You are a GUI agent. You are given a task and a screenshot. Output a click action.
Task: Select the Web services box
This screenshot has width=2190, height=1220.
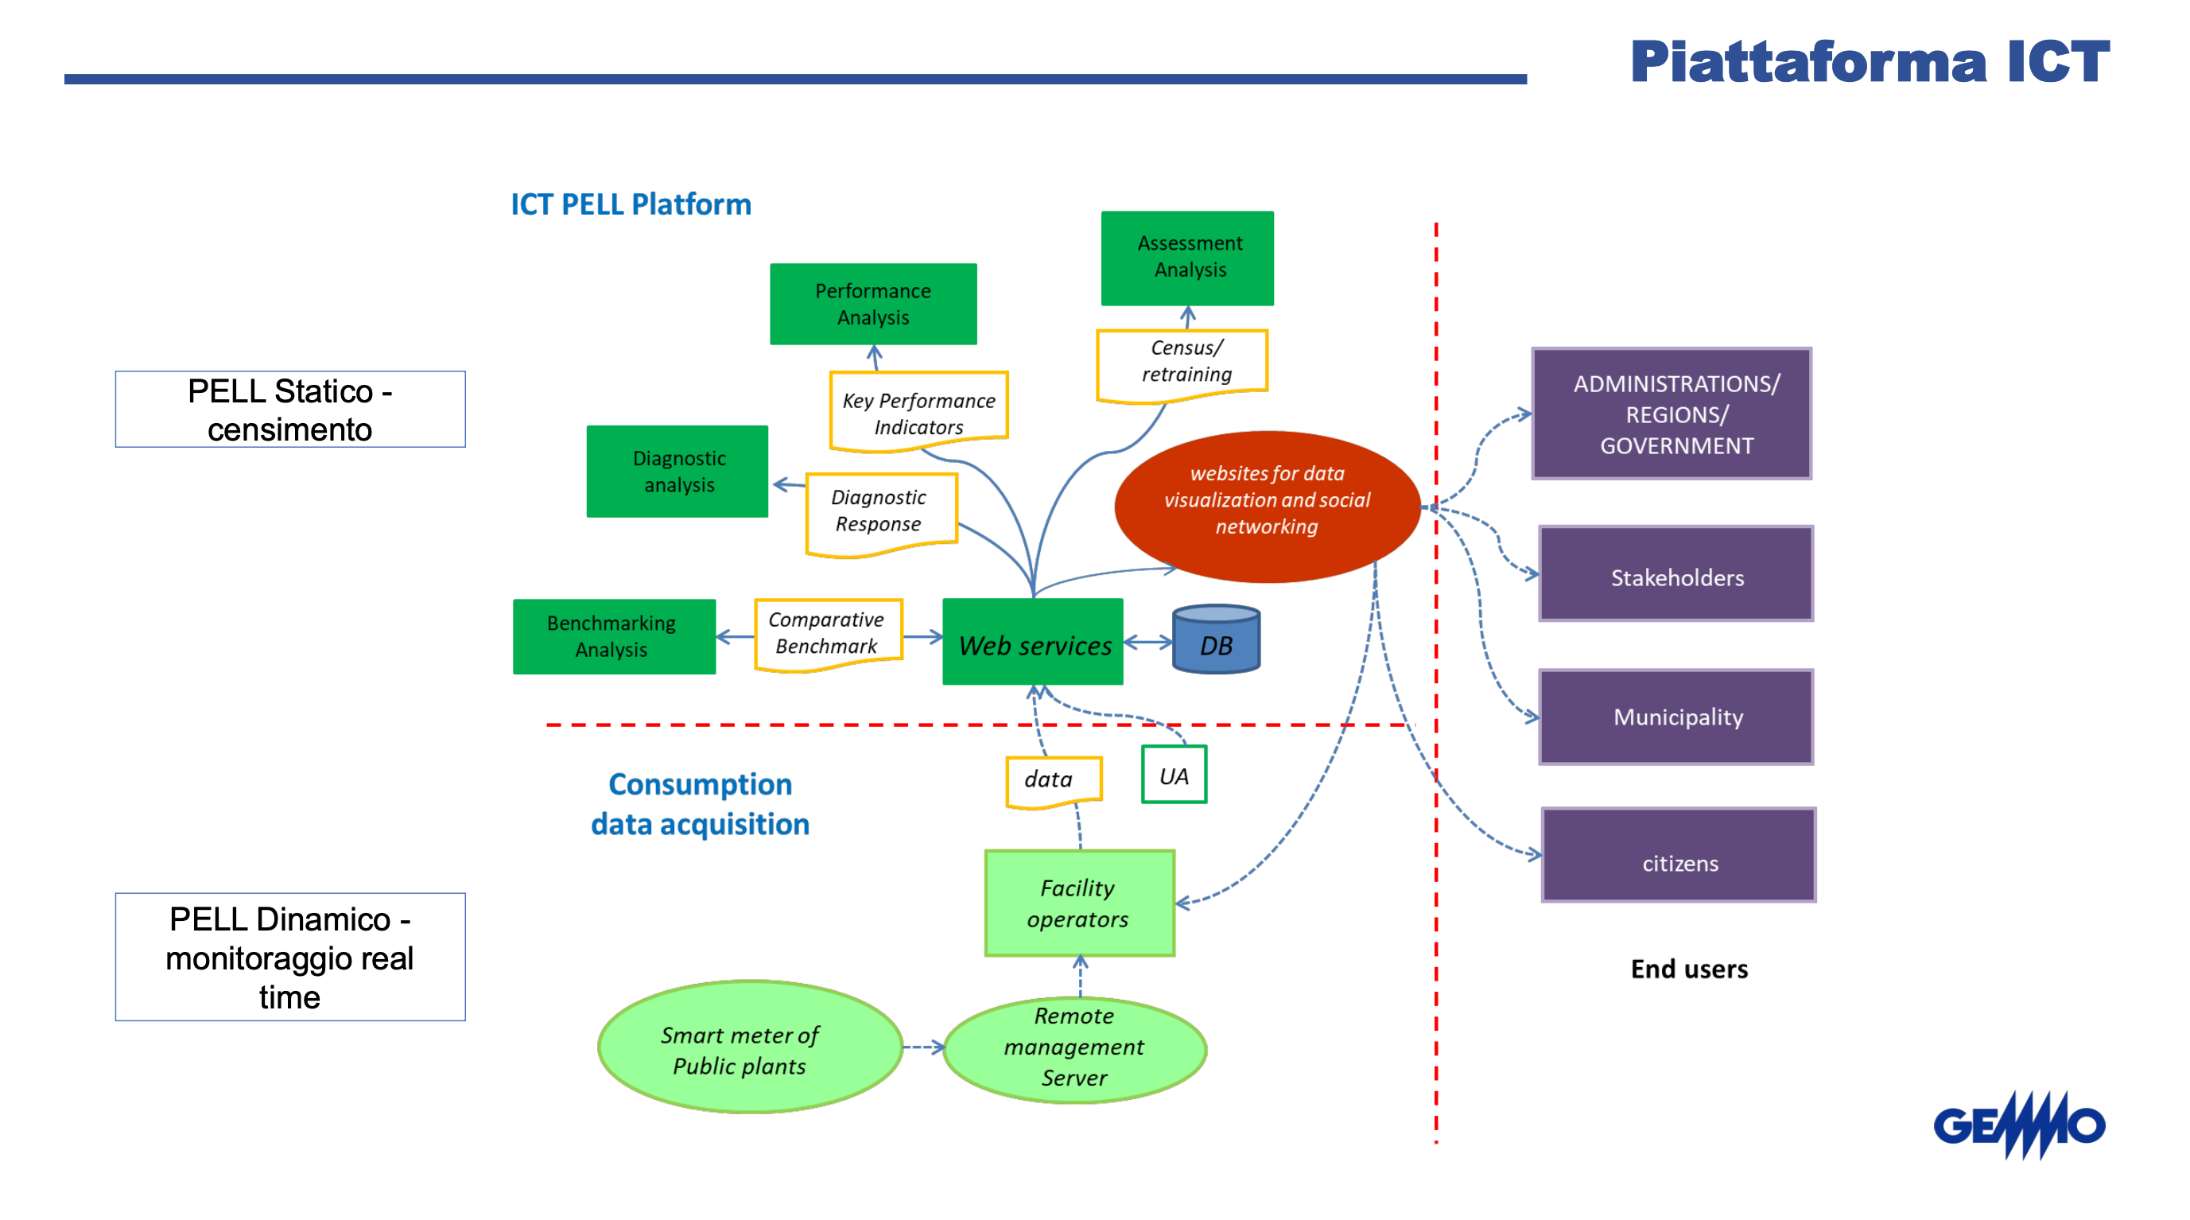(1033, 643)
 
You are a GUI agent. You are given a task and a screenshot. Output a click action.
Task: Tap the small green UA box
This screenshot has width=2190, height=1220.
(1174, 775)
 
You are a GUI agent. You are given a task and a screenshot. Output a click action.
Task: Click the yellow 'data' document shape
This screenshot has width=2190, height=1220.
(1054, 779)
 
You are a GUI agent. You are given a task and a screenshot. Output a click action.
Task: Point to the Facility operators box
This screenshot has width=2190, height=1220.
(1080, 903)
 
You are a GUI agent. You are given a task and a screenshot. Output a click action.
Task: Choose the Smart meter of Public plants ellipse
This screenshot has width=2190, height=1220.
(750, 1047)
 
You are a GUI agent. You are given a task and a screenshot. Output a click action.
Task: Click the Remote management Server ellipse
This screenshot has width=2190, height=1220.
(1074, 1047)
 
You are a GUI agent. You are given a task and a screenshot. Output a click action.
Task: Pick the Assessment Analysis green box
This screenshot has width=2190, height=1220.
(1188, 258)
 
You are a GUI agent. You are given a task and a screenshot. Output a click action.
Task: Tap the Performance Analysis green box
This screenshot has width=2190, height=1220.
(873, 304)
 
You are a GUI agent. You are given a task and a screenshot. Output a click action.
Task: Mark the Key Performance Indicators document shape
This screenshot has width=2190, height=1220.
(919, 411)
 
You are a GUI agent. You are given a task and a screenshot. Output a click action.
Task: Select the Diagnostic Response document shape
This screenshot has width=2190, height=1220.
(881, 513)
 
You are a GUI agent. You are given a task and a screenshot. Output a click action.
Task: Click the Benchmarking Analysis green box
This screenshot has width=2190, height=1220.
(614, 636)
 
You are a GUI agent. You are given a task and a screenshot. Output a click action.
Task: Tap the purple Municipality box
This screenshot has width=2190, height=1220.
(1676, 717)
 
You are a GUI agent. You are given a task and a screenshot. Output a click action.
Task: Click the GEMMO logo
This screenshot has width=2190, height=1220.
(2019, 1124)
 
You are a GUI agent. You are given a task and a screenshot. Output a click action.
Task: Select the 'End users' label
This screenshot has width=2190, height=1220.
(1688, 969)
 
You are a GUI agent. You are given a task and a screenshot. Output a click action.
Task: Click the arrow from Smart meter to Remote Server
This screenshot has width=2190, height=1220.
(923, 1047)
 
